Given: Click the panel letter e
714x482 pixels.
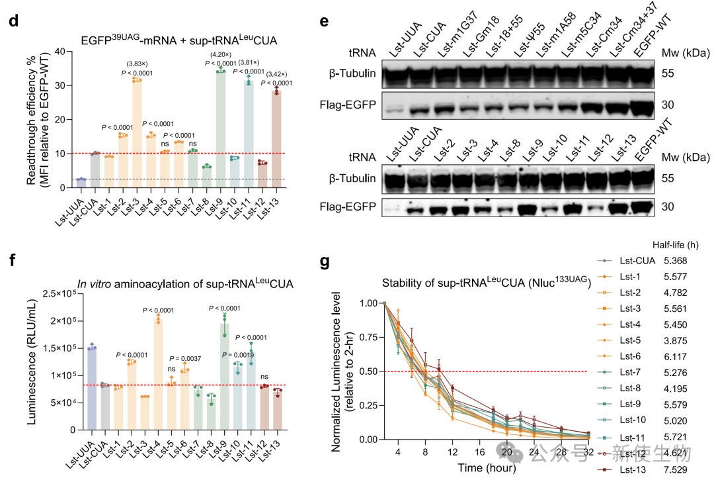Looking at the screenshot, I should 324,22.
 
